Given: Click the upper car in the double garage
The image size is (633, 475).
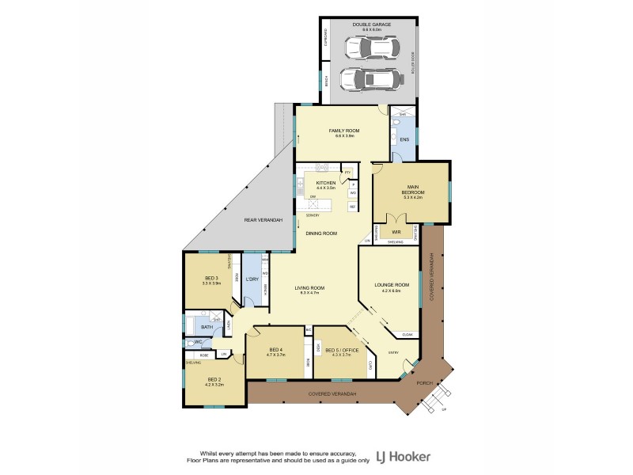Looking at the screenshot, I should pyautogui.click(x=369, y=48).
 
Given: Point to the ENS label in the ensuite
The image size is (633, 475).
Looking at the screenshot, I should pyautogui.click(x=404, y=141).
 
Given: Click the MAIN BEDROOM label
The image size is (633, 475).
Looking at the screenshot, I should pyautogui.click(x=412, y=191).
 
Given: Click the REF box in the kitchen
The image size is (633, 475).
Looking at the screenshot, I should pyautogui.click(x=353, y=207).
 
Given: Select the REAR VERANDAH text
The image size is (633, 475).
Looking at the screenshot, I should pyautogui.click(x=263, y=219).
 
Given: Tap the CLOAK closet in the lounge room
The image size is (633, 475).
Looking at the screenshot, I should pyautogui.click(x=407, y=334).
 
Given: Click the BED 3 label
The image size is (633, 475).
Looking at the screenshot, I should pyautogui.click(x=211, y=279).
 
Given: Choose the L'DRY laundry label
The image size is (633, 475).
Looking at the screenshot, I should pyautogui.click(x=252, y=279).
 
